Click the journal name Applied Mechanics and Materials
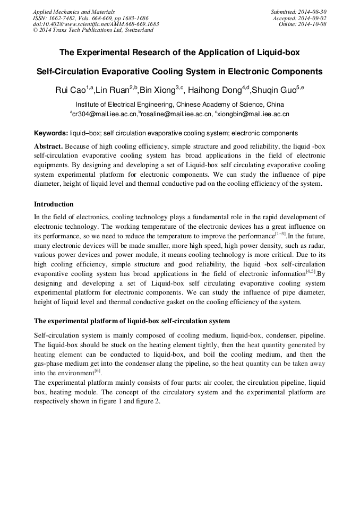(x=74, y=12)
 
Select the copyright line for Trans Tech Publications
(x=93, y=31)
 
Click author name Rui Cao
(x=71, y=90)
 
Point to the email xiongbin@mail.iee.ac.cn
(x=253, y=114)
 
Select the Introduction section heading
(x=54, y=204)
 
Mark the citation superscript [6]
(x=97, y=370)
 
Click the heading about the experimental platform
(x=132, y=321)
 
